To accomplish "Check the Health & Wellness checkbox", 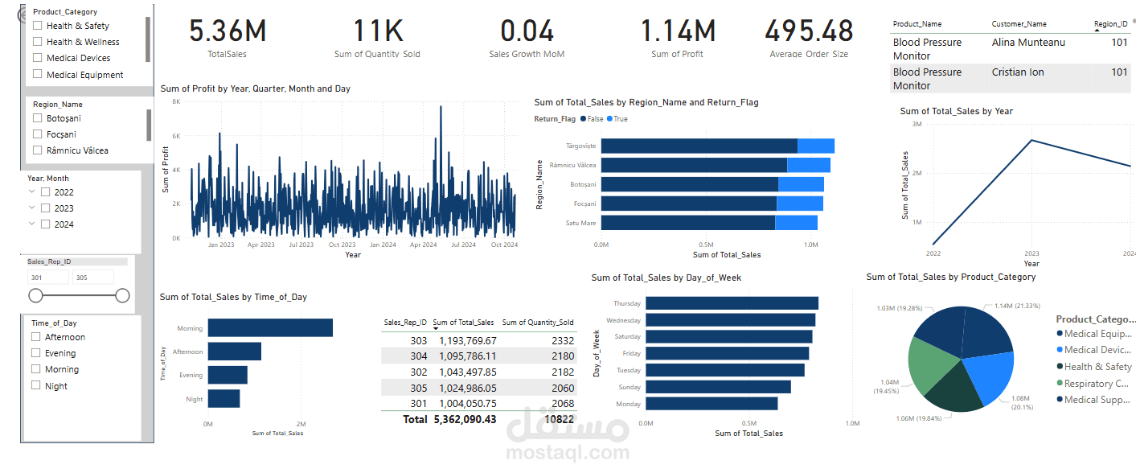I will click(38, 42).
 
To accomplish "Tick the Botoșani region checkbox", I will click(38, 118).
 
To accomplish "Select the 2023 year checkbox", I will click(46, 208).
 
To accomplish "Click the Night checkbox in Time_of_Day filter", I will click(36, 385).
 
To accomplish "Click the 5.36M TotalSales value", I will click(228, 31).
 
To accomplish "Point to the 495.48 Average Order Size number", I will click(809, 31).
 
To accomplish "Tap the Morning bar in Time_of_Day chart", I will click(270, 327).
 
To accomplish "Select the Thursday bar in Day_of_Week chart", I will click(732, 303).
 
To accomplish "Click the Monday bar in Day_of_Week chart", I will click(712, 404).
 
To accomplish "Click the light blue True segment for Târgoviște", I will click(815, 146).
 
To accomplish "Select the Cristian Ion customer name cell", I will click(1018, 72).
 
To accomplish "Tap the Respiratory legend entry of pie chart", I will click(1099, 384).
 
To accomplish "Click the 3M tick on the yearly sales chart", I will click(916, 125).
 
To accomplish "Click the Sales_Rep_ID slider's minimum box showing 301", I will click(47, 278).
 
